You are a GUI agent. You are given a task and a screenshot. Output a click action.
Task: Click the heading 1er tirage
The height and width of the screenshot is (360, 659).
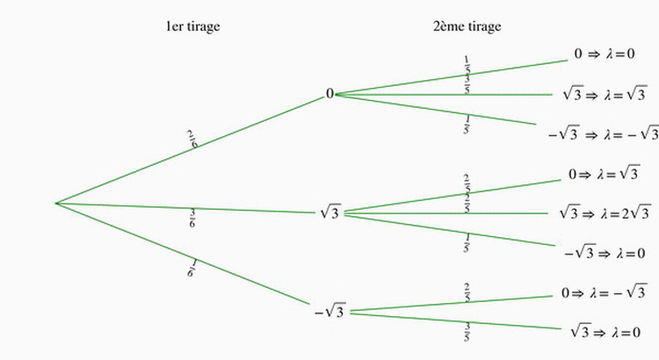193,26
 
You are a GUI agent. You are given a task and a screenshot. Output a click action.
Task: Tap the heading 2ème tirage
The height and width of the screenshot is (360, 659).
467,26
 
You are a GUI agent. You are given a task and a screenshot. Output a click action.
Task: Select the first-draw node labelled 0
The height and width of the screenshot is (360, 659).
329,94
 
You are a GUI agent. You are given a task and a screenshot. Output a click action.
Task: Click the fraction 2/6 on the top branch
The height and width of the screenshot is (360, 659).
192,140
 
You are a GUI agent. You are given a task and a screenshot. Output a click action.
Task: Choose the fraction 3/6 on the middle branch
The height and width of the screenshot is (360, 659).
192,218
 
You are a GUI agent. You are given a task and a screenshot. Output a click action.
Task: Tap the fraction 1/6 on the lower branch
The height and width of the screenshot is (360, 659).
191,267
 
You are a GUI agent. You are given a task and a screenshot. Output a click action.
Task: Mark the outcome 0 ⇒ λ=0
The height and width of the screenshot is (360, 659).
605,54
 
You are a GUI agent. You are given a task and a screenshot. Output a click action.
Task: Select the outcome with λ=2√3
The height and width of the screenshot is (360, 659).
604,212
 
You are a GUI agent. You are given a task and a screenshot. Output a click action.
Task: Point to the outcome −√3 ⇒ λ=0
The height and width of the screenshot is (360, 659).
605,253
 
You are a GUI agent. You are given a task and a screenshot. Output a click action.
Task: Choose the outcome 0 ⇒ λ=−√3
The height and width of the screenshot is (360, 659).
604,292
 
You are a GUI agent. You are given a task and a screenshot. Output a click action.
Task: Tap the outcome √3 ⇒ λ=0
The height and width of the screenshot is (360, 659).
605,332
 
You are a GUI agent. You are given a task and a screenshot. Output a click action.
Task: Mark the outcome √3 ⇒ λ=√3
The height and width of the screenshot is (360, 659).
604,94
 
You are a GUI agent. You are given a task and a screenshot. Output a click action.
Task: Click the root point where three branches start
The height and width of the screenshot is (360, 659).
55,203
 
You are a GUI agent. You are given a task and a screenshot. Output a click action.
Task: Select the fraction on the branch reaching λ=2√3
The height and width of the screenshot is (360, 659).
467,206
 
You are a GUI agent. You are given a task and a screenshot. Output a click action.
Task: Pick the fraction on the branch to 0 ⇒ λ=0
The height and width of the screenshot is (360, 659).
467,63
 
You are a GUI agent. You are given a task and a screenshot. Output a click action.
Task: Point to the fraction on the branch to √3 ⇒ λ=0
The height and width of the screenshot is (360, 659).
467,333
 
